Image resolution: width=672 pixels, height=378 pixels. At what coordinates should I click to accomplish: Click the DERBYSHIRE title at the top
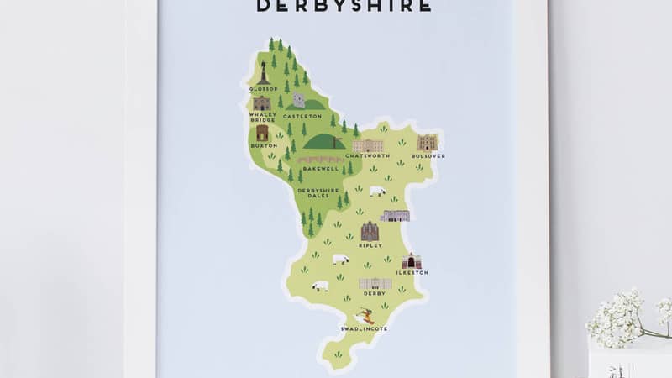[x=343, y=6]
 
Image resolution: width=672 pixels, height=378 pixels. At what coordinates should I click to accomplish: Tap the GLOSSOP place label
[x=263, y=88]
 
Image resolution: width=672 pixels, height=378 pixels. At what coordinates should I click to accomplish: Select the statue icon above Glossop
[x=264, y=72]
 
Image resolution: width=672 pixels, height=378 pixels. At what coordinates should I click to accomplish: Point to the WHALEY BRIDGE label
[x=261, y=118]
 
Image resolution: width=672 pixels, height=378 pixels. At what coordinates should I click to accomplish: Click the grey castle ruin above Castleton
[x=299, y=100]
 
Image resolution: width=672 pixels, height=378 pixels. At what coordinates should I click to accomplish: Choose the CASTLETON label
[x=302, y=116]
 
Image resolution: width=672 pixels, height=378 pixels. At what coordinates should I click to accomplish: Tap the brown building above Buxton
[x=262, y=133]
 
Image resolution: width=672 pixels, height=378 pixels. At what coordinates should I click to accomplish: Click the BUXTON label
[x=262, y=146]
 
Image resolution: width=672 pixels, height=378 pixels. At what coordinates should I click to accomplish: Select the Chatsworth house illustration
[x=367, y=145]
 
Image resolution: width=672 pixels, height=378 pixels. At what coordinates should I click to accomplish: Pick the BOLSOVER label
[x=428, y=156]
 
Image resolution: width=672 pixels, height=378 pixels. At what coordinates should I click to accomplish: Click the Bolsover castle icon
[x=428, y=142]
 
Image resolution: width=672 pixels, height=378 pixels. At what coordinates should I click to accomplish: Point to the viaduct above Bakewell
[x=320, y=160]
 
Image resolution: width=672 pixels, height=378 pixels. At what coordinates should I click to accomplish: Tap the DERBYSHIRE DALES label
[x=318, y=192]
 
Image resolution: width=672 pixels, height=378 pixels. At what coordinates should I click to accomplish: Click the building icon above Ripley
[x=370, y=231]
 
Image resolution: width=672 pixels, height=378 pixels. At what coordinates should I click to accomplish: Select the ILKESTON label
[x=412, y=273]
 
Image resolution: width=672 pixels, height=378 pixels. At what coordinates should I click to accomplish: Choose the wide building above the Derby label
[x=375, y=284]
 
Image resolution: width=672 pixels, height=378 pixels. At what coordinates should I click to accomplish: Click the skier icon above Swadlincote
[x=365, y=317]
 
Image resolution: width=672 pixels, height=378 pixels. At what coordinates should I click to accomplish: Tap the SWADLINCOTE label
[x=365, y=328]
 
